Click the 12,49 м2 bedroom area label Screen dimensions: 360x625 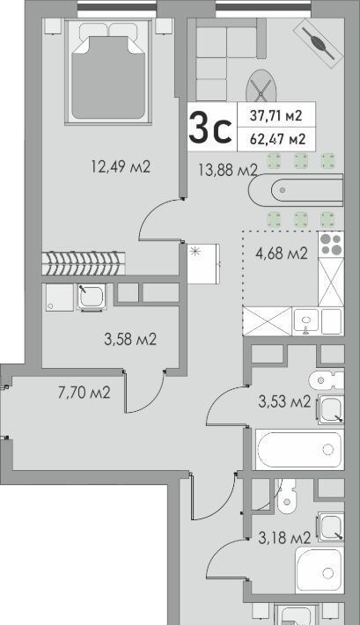point(121,166)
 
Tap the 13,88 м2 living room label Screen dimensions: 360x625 point(228,171)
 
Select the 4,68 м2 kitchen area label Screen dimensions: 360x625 point(282,254)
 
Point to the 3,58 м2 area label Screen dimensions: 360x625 point(130,340)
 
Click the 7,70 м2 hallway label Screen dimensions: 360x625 point(84,393)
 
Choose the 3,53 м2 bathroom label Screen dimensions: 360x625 point(284,401)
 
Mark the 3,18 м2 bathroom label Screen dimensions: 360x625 point(284,538)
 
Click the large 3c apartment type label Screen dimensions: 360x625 point(210,127)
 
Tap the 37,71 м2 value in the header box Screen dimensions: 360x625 point(276,115)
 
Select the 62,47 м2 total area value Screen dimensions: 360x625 point(277,139)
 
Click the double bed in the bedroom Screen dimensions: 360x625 point(108,71)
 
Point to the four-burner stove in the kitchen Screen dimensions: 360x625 point(331,245)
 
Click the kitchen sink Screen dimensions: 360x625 point(306,321)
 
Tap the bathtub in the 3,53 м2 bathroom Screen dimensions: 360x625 point(299,450)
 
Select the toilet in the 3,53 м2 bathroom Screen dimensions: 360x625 point(327,380)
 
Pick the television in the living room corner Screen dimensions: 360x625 point(318,43)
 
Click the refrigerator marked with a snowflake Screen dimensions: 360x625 point(203,263)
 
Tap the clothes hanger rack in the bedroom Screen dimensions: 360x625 point(84,263)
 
